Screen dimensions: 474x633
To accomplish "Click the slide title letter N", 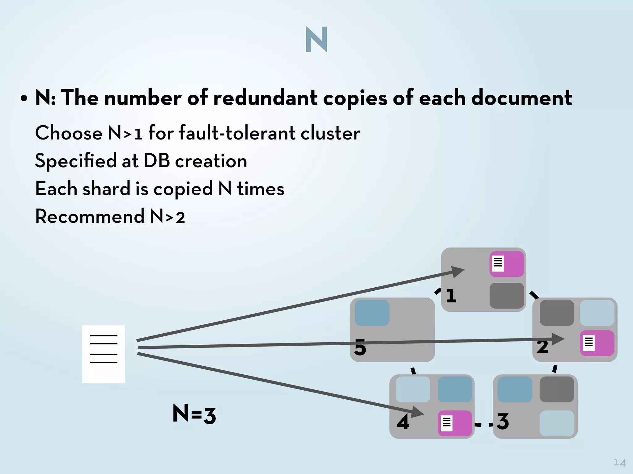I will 316,39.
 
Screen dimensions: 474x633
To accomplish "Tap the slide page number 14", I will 619,463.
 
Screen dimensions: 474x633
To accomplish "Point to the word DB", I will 157,161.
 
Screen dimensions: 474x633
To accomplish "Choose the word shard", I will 106,189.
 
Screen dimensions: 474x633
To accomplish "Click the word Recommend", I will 90,216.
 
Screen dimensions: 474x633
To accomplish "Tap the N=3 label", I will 194,414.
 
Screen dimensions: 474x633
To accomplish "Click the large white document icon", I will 104,354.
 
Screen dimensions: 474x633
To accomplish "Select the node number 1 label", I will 451,296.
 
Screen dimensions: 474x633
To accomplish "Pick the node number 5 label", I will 360,348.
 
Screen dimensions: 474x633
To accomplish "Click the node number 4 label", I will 403,422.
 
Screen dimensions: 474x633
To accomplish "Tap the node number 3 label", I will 503,422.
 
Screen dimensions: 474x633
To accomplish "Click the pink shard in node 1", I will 507,264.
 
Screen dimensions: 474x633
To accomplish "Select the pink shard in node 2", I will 597,343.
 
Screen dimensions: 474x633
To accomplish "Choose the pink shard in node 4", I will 455,423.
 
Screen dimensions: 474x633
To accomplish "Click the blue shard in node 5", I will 372,313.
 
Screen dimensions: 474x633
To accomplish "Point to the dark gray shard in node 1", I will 507,296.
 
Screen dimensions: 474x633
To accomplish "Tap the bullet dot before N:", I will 24,99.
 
